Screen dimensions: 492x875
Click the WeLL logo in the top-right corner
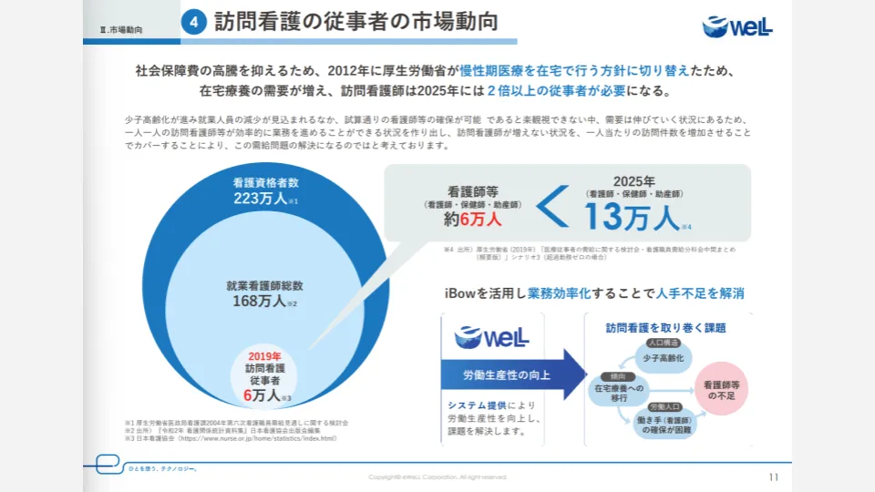pos(737,26)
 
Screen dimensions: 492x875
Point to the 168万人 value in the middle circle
pos(261,302)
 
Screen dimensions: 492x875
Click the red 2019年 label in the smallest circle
pos(264,356)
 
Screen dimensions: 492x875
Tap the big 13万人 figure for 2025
pos(633,217)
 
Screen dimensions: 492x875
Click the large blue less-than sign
pos(551,210)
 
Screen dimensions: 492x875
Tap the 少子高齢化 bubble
pos(663,359)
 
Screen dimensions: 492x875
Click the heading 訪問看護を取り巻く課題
pos(665,327)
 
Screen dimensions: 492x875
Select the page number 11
pos(774,477)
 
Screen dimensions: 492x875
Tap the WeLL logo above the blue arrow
pos(491,337)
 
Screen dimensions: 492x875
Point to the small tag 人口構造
pos(663,343)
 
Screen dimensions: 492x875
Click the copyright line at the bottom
pos(437,477)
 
